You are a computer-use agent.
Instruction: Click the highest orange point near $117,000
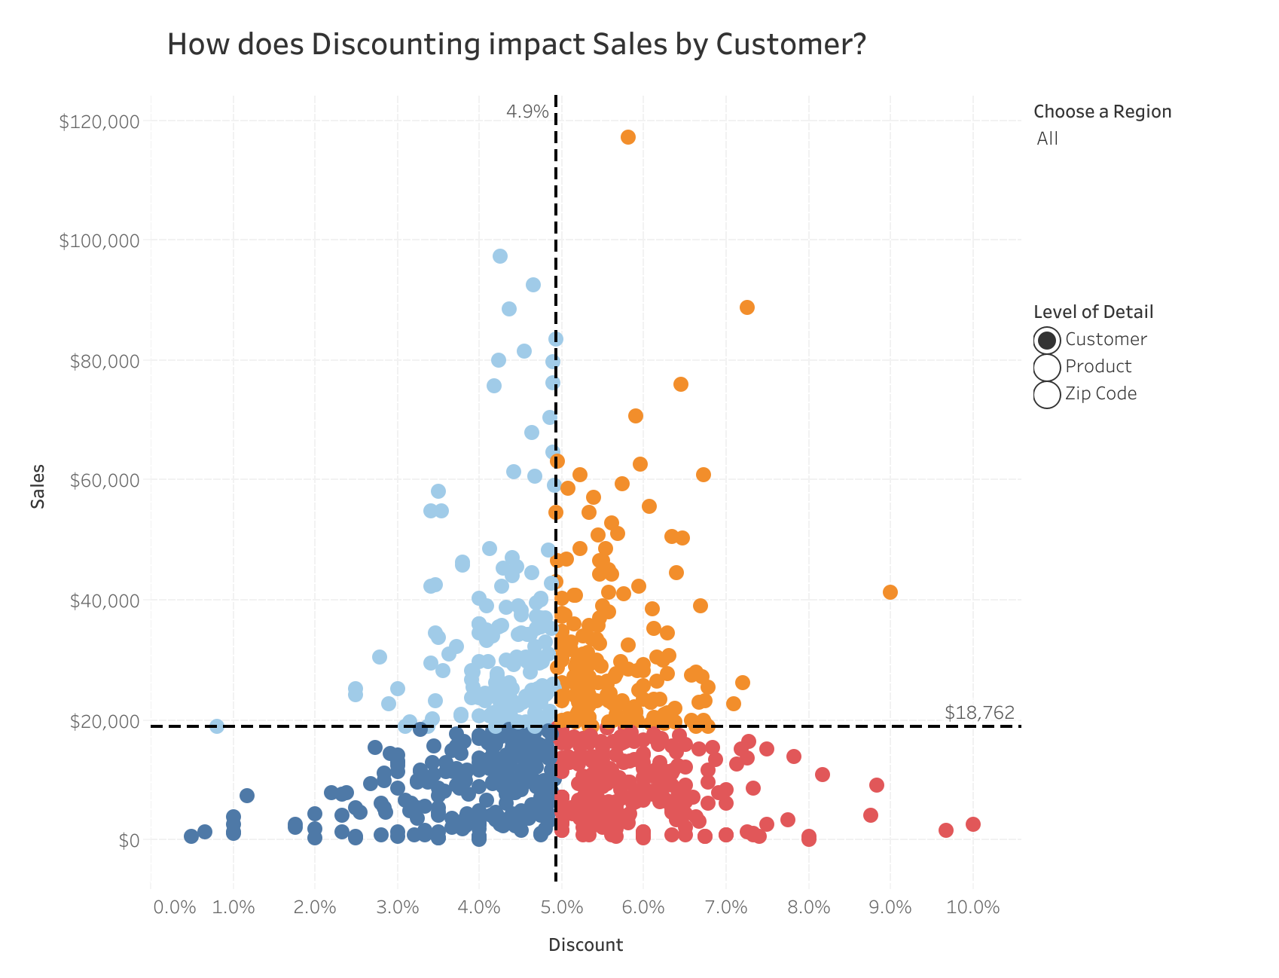628,137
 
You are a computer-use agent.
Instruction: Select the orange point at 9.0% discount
890,592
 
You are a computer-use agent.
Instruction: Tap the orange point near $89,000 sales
747,307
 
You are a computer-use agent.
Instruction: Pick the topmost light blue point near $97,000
500,256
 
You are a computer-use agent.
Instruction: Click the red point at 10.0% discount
973,824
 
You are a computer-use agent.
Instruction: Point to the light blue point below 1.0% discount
217,726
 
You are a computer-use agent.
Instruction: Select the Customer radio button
1047,340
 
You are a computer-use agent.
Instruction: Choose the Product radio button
1047,367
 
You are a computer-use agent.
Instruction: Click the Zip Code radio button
1047,394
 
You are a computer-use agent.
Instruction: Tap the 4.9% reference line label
527,112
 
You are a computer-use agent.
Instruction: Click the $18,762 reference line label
979,713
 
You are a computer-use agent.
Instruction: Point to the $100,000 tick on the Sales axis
99,241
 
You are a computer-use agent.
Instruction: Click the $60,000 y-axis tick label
105,481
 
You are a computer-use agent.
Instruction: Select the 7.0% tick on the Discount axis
726,907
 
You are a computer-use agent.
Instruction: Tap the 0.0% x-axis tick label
175,907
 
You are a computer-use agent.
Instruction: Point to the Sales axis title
38,487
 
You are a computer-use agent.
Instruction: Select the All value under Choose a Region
1047,139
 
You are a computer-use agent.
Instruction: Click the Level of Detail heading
1093,312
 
